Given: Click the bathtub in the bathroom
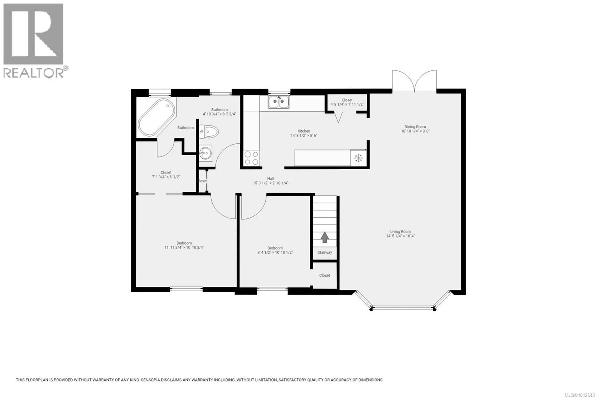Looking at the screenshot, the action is coord(157,118).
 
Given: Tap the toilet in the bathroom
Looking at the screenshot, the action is coord(209,131).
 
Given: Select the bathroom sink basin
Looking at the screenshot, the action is coord(206,153).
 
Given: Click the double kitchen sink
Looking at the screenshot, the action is coord(278,102).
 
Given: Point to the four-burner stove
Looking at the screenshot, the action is coord(251,158).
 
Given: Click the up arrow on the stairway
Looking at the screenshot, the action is coord(324,237).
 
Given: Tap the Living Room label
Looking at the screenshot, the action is coord(400,231).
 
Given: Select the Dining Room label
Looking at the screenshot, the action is coord(415,127).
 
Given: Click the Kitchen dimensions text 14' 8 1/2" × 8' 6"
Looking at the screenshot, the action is coord(304,136).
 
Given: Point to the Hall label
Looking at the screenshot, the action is coord(271,179).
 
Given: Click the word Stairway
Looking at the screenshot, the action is coord(325,252).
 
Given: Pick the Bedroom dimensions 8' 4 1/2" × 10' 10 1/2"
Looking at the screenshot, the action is coord(275,252).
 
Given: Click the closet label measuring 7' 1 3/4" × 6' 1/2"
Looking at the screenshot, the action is coord(166,175).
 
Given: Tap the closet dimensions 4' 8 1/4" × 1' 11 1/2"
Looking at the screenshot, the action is coord(347,105).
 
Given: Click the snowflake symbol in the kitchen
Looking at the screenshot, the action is coord(359,158).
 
